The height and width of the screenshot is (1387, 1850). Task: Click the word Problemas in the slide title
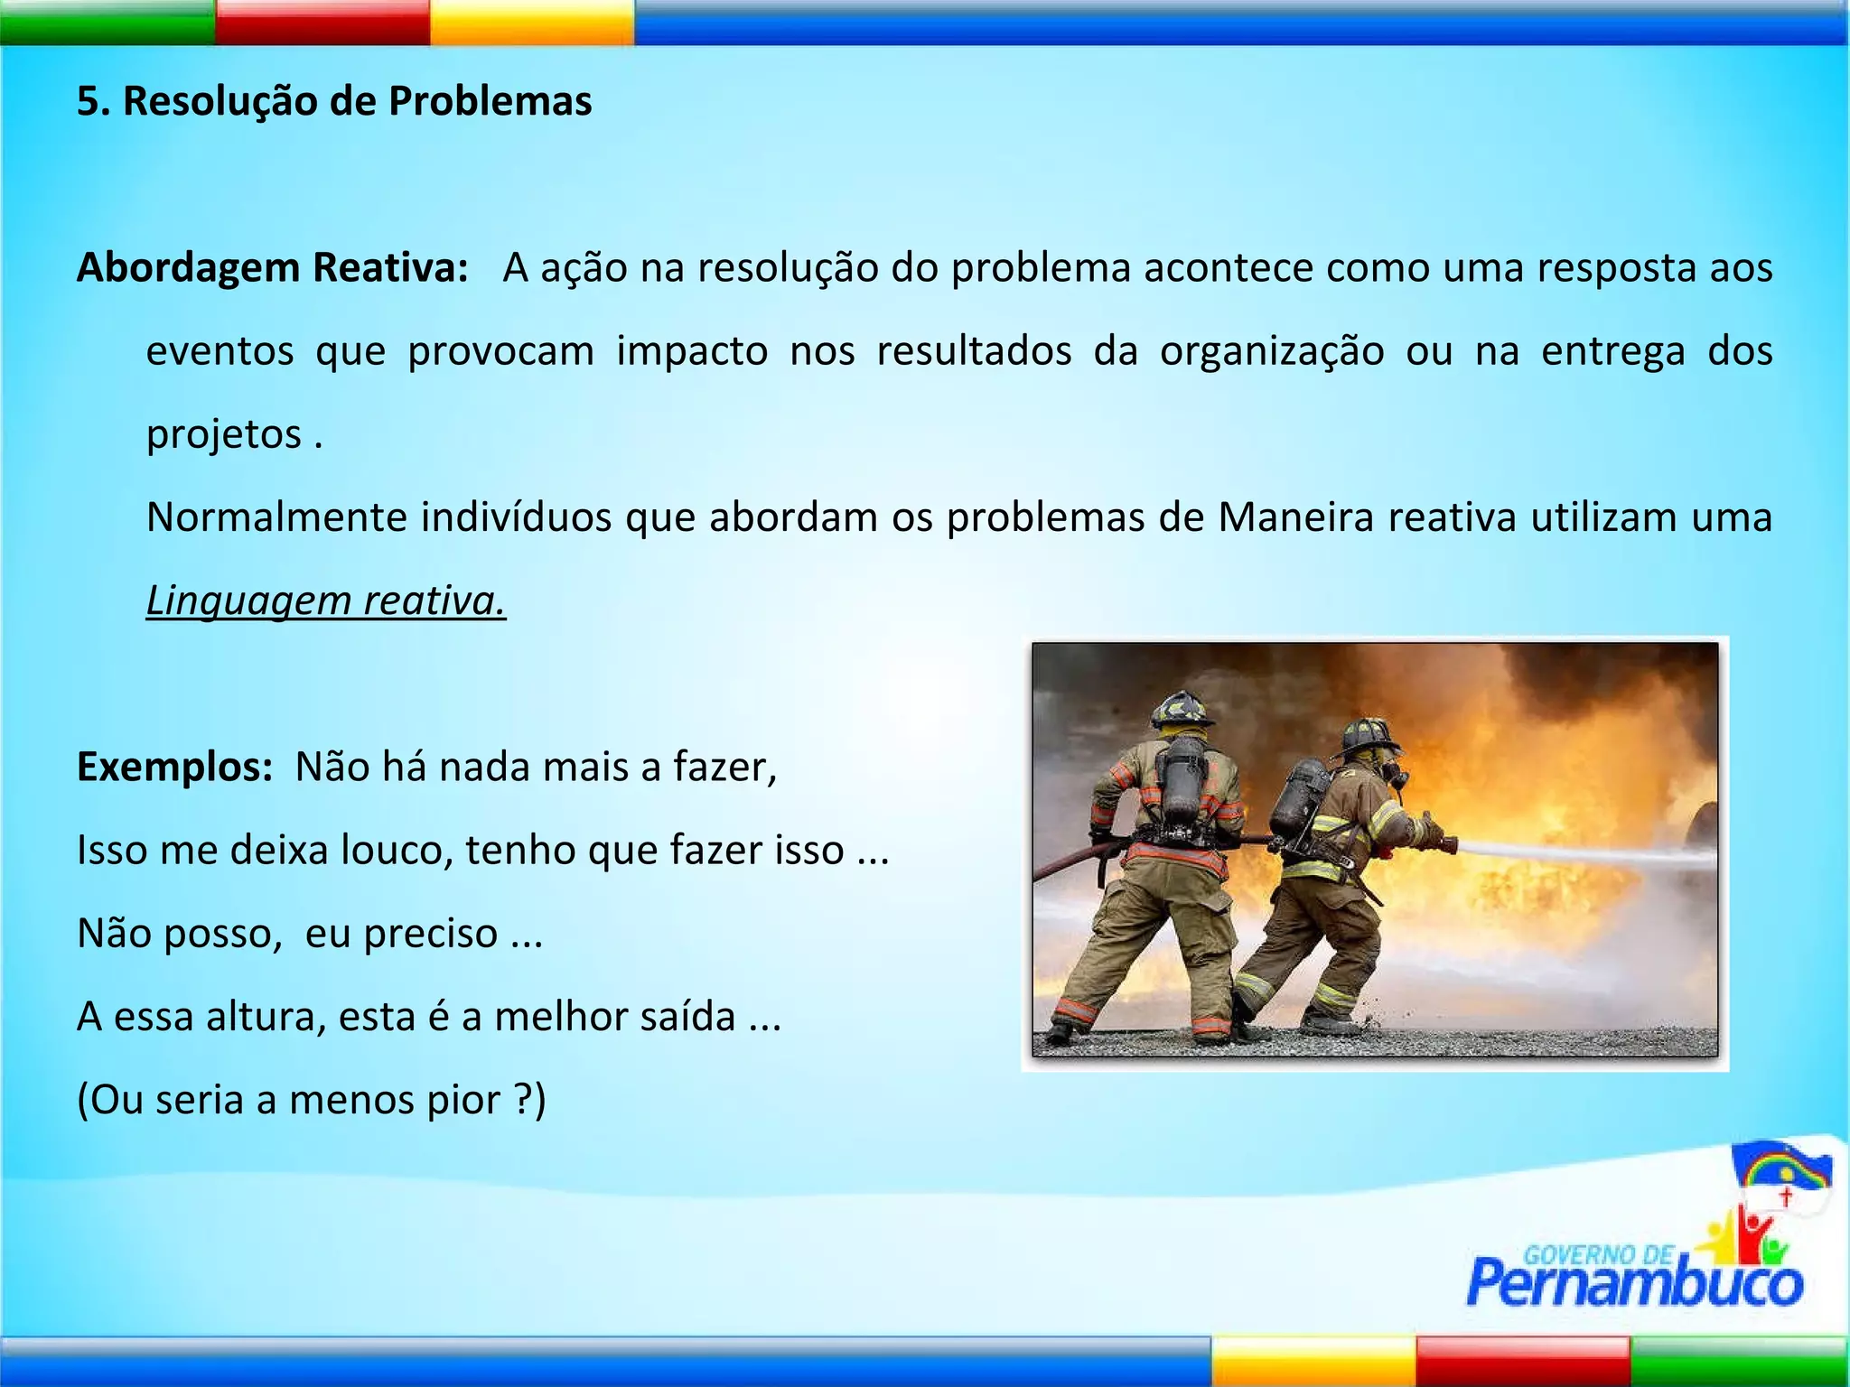tap(490, 101)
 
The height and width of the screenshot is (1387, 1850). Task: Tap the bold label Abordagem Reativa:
tap(272, 268)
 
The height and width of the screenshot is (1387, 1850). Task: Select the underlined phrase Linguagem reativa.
tap(326, 601)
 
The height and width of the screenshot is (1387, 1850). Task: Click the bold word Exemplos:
tap(174, 768)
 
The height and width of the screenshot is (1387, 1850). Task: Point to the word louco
tap(396, 851)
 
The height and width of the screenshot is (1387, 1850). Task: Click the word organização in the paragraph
tap(1271, 351)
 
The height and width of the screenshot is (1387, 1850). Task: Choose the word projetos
tap(224, 434)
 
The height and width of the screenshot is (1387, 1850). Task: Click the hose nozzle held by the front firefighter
tap(1445, 847)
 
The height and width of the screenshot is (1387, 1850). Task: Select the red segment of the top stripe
tap(322, 22)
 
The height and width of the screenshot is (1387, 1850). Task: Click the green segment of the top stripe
tap(107, 22)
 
